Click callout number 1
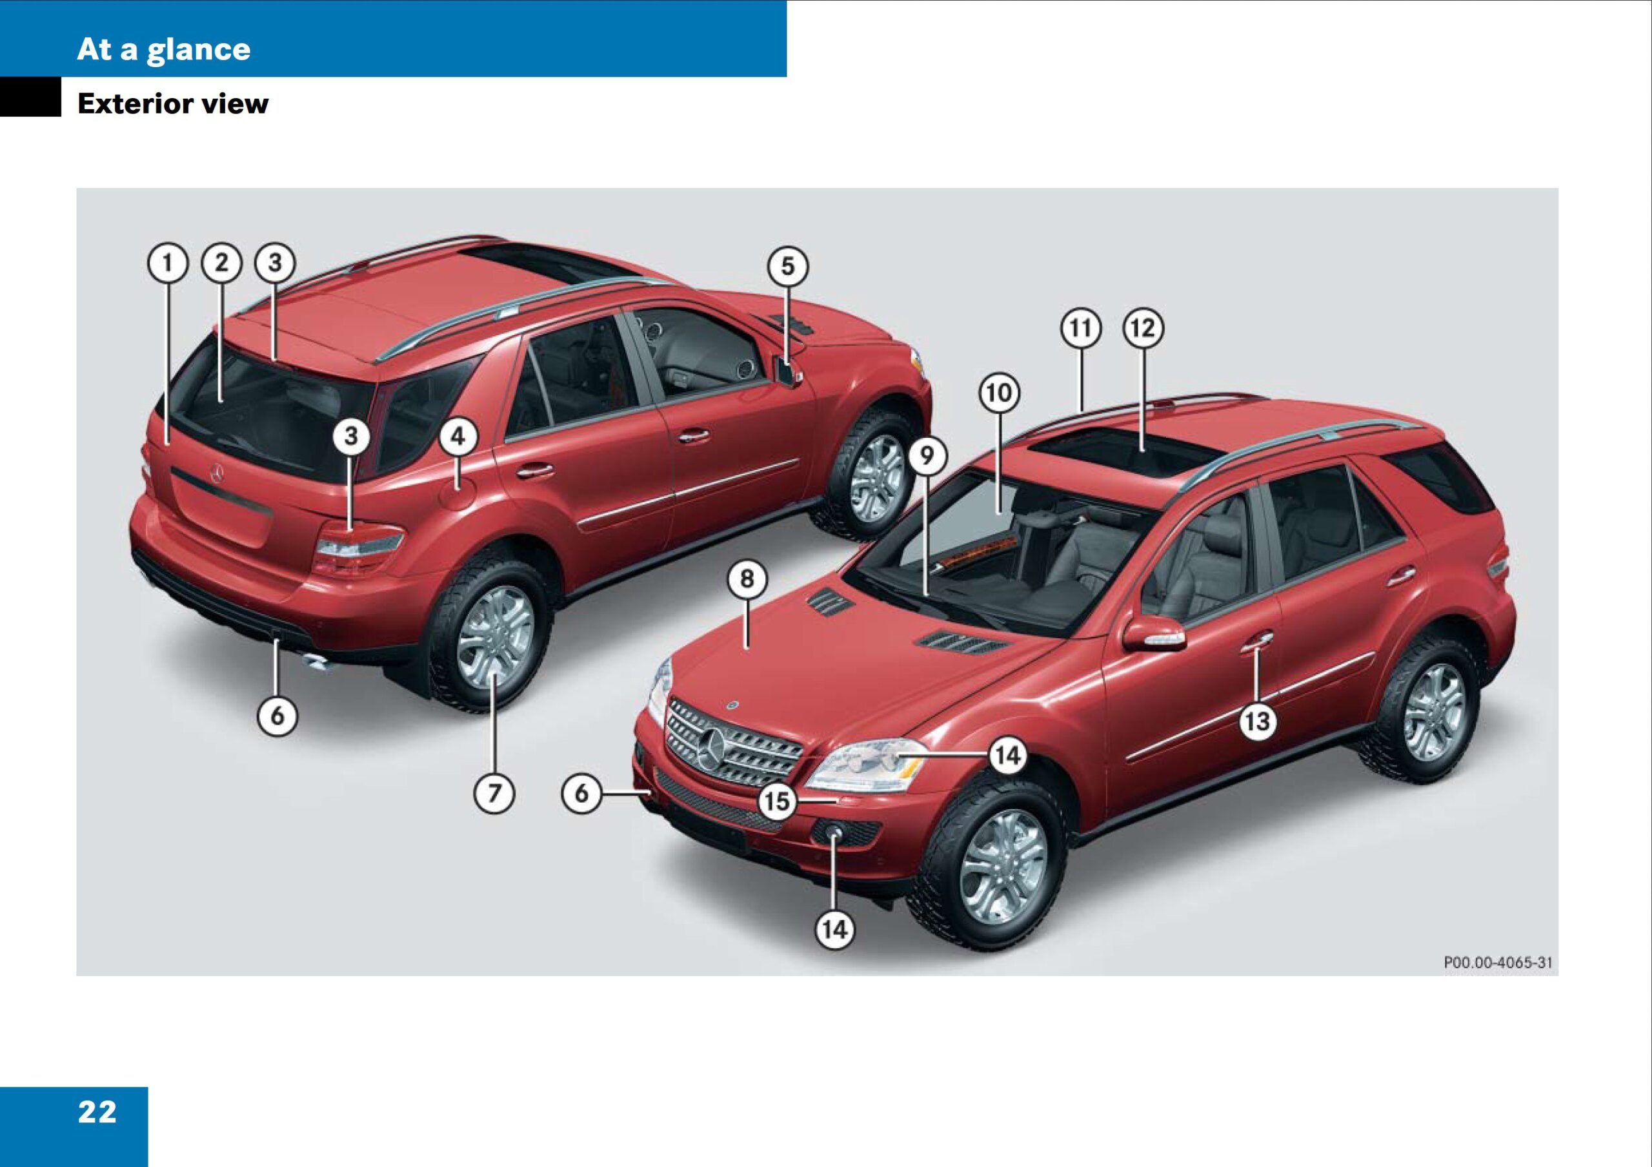168,263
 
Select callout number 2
221,263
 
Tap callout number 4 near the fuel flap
458,437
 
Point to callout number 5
787,266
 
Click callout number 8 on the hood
747,579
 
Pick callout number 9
927,456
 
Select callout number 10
1000,393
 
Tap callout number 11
1081,329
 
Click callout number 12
1143,329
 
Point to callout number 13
1257,721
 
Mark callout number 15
778,801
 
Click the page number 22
97,1111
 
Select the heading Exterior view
173,104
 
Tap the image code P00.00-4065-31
1498,962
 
